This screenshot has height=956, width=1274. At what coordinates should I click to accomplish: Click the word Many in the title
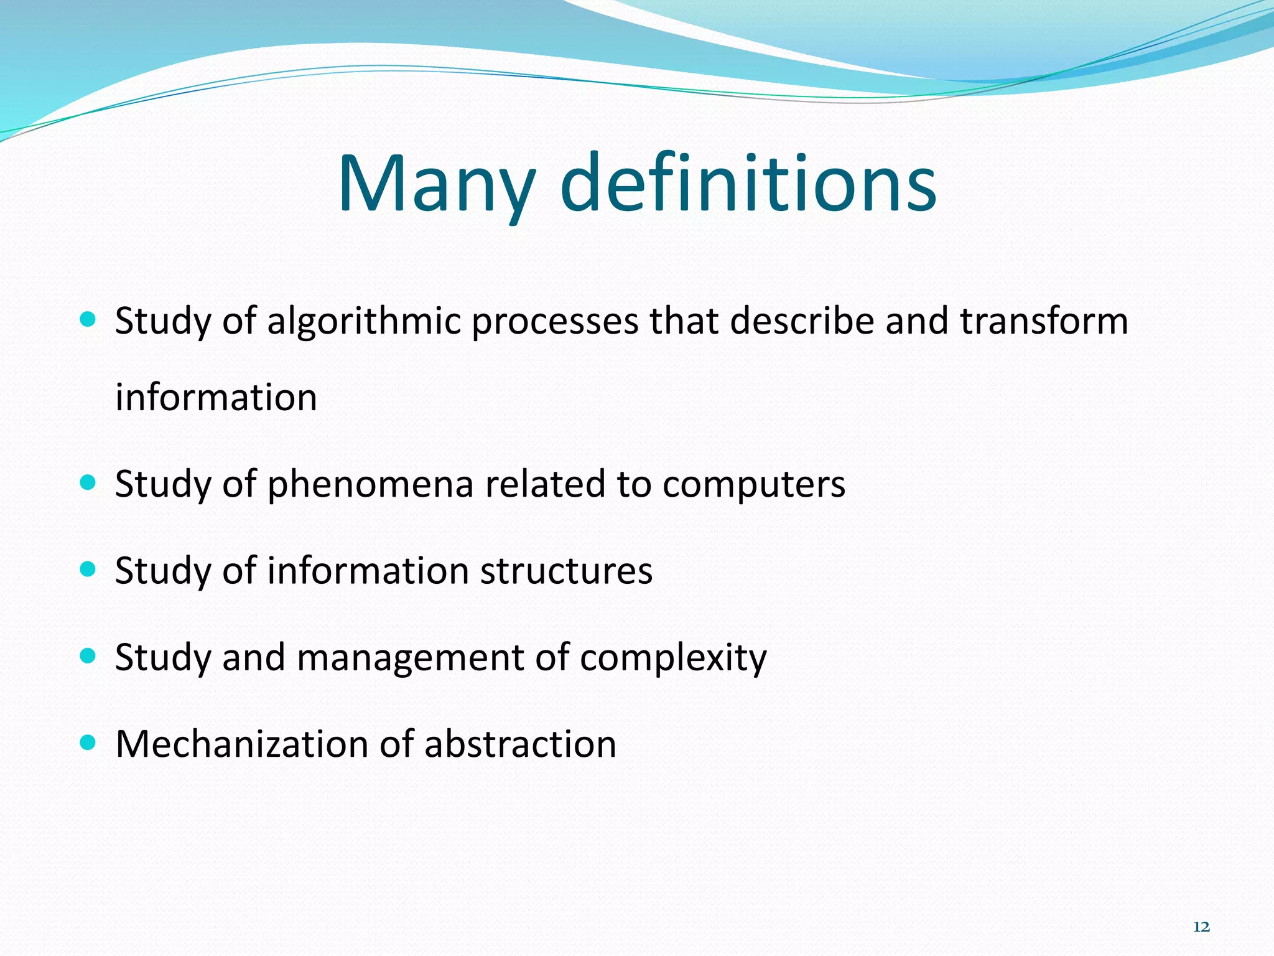coord(435,185)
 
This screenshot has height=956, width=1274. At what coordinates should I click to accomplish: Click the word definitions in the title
coord(748,185)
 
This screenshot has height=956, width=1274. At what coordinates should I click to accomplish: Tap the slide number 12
coord(1201,927)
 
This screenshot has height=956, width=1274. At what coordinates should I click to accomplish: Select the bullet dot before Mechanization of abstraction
coord(88,742)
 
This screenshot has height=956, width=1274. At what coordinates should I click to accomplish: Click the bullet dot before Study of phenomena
coord(88,482)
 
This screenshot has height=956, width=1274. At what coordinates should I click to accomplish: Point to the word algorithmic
coord(364,322)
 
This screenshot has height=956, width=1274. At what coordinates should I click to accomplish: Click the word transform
coord(1043,321)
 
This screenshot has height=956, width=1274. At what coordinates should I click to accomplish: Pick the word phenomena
coord(370,485)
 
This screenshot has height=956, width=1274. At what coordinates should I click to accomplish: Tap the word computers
coord(753,485)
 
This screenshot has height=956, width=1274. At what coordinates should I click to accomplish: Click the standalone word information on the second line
coord(216,398)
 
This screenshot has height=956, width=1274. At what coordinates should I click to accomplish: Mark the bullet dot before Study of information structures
coord(88,569)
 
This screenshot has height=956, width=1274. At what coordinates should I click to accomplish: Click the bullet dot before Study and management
coord(88,655)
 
